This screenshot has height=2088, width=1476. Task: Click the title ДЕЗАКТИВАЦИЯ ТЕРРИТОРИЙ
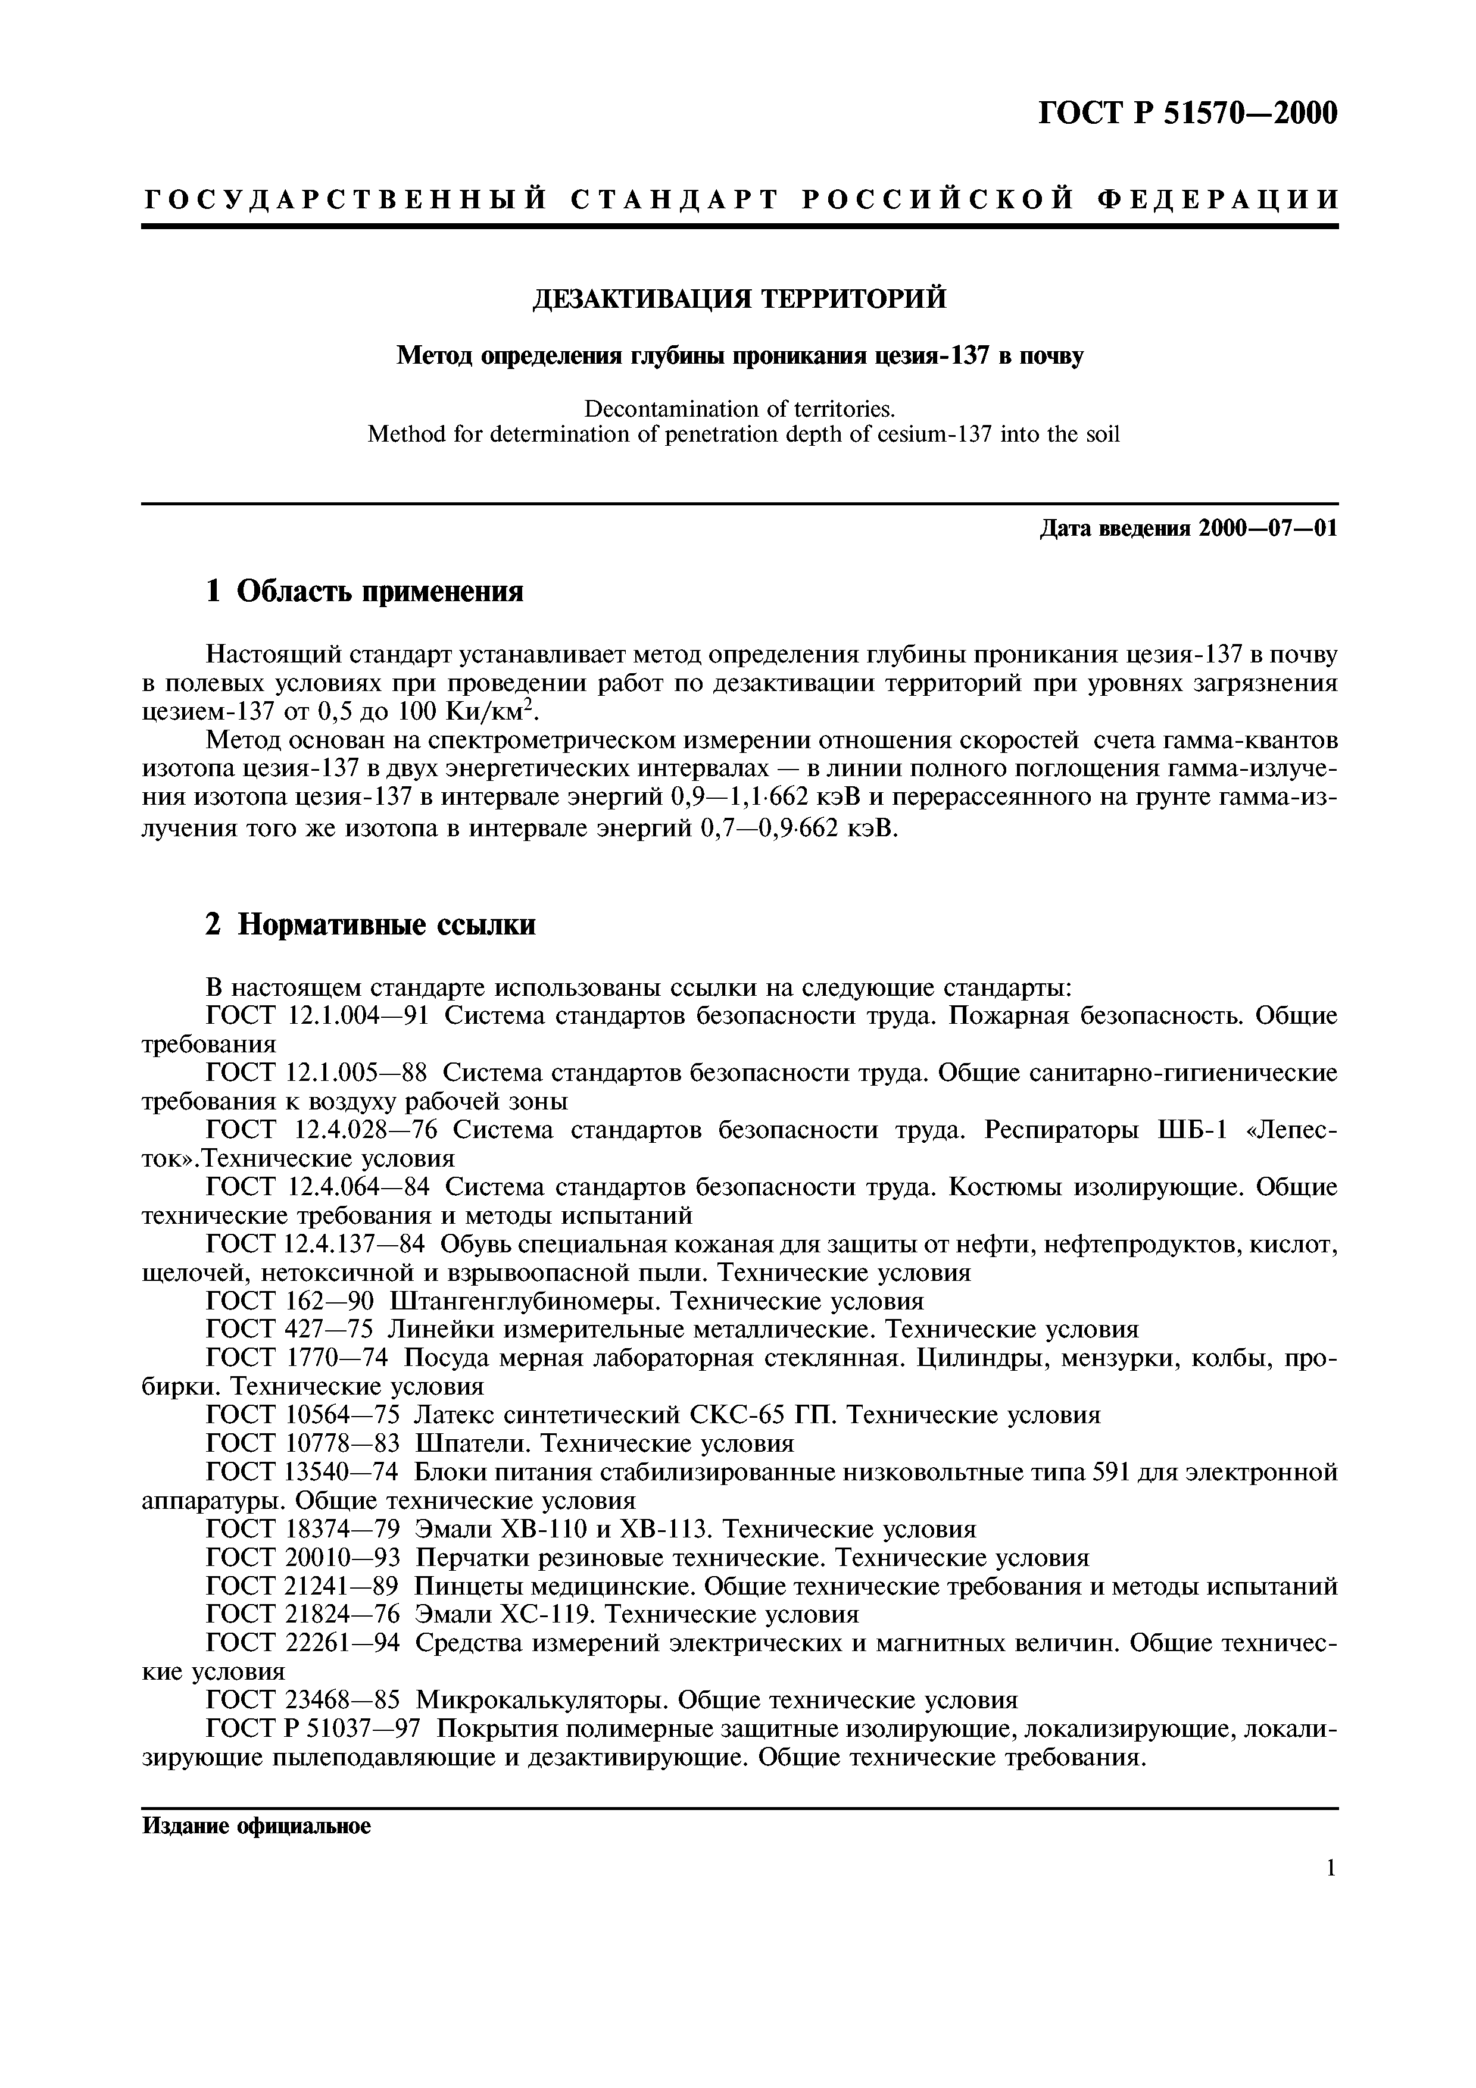738,298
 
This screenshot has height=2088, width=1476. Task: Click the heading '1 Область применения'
364,592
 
